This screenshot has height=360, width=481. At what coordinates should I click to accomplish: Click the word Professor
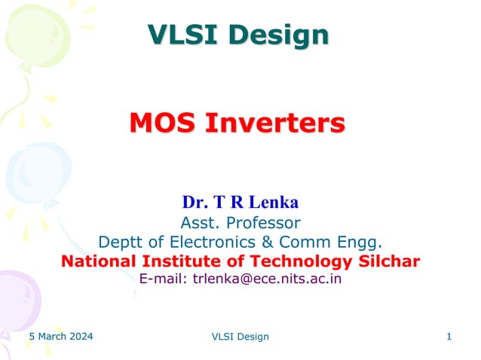point(260,222)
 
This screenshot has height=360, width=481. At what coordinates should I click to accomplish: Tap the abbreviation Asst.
point(198,222)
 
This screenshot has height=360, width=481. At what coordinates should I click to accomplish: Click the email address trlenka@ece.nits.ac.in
point(268,279)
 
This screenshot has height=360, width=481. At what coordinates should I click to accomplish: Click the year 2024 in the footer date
point(81,336)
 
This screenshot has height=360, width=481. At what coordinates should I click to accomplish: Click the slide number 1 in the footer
point(449,336)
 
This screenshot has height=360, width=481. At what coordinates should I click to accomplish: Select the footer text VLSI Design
point(240,337)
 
